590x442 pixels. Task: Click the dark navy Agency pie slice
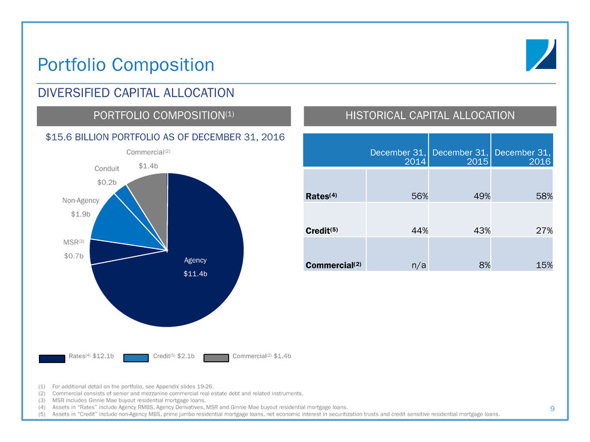tap(188, 282)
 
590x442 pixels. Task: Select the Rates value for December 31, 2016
tap(543, 196)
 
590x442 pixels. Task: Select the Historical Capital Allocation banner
tap(431, 116)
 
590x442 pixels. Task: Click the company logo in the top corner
tap(540, 55)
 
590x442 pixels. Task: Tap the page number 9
tap(552, 409)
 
